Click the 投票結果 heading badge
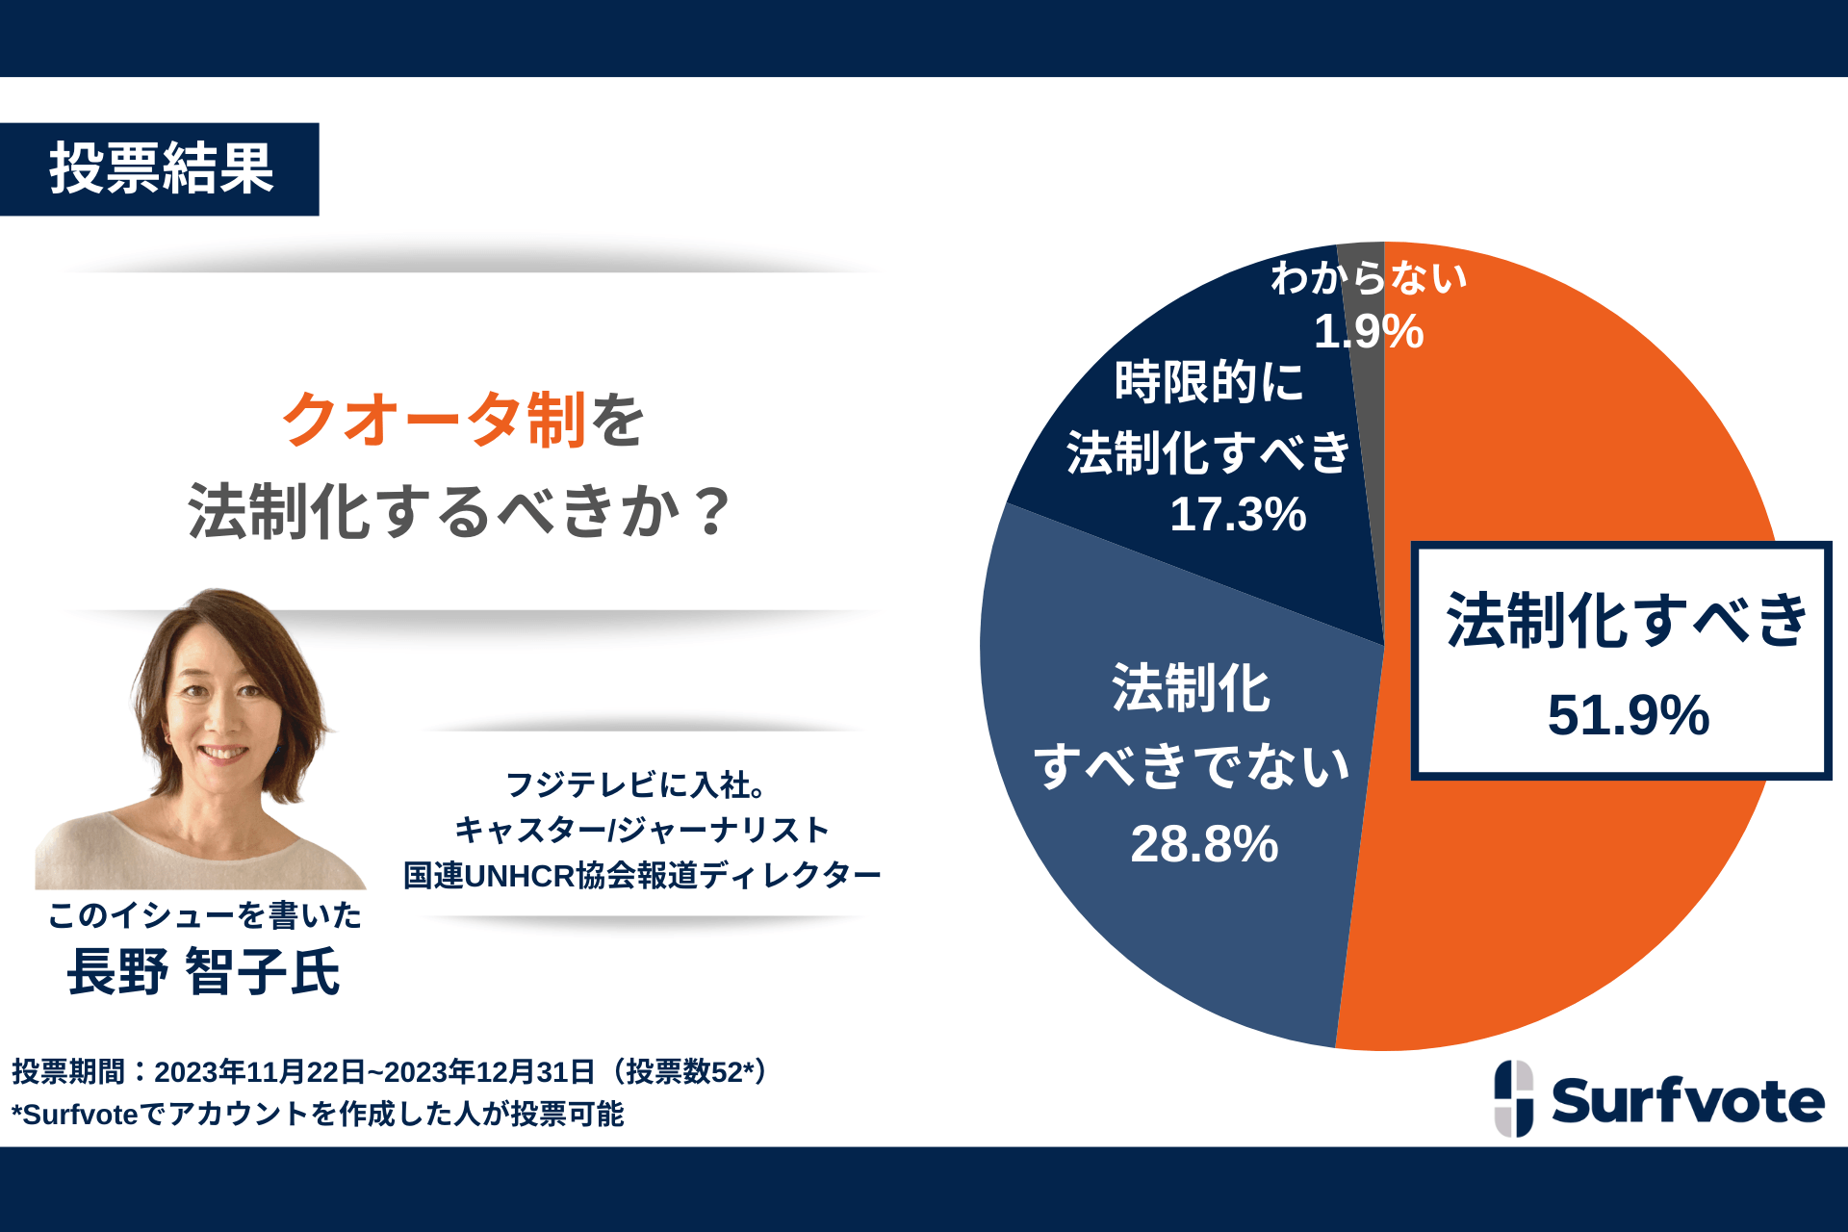[160, 169]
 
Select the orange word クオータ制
[433, 421]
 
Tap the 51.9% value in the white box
[1628, 715]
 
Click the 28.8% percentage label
[1204, 844]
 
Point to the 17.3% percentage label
[1238, 514]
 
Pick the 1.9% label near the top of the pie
[1368, 332]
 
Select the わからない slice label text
[1368, 278]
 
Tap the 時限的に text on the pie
[1208, 382]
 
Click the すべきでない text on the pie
[1192, 767]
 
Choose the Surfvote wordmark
[1687, 1101]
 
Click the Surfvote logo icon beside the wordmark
[1513, 1098]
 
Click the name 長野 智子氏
[203, 971]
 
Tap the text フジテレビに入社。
[635, 784]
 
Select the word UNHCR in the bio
[520, 876]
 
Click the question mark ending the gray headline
[713, 511]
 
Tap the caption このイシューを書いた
[205, 915]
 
